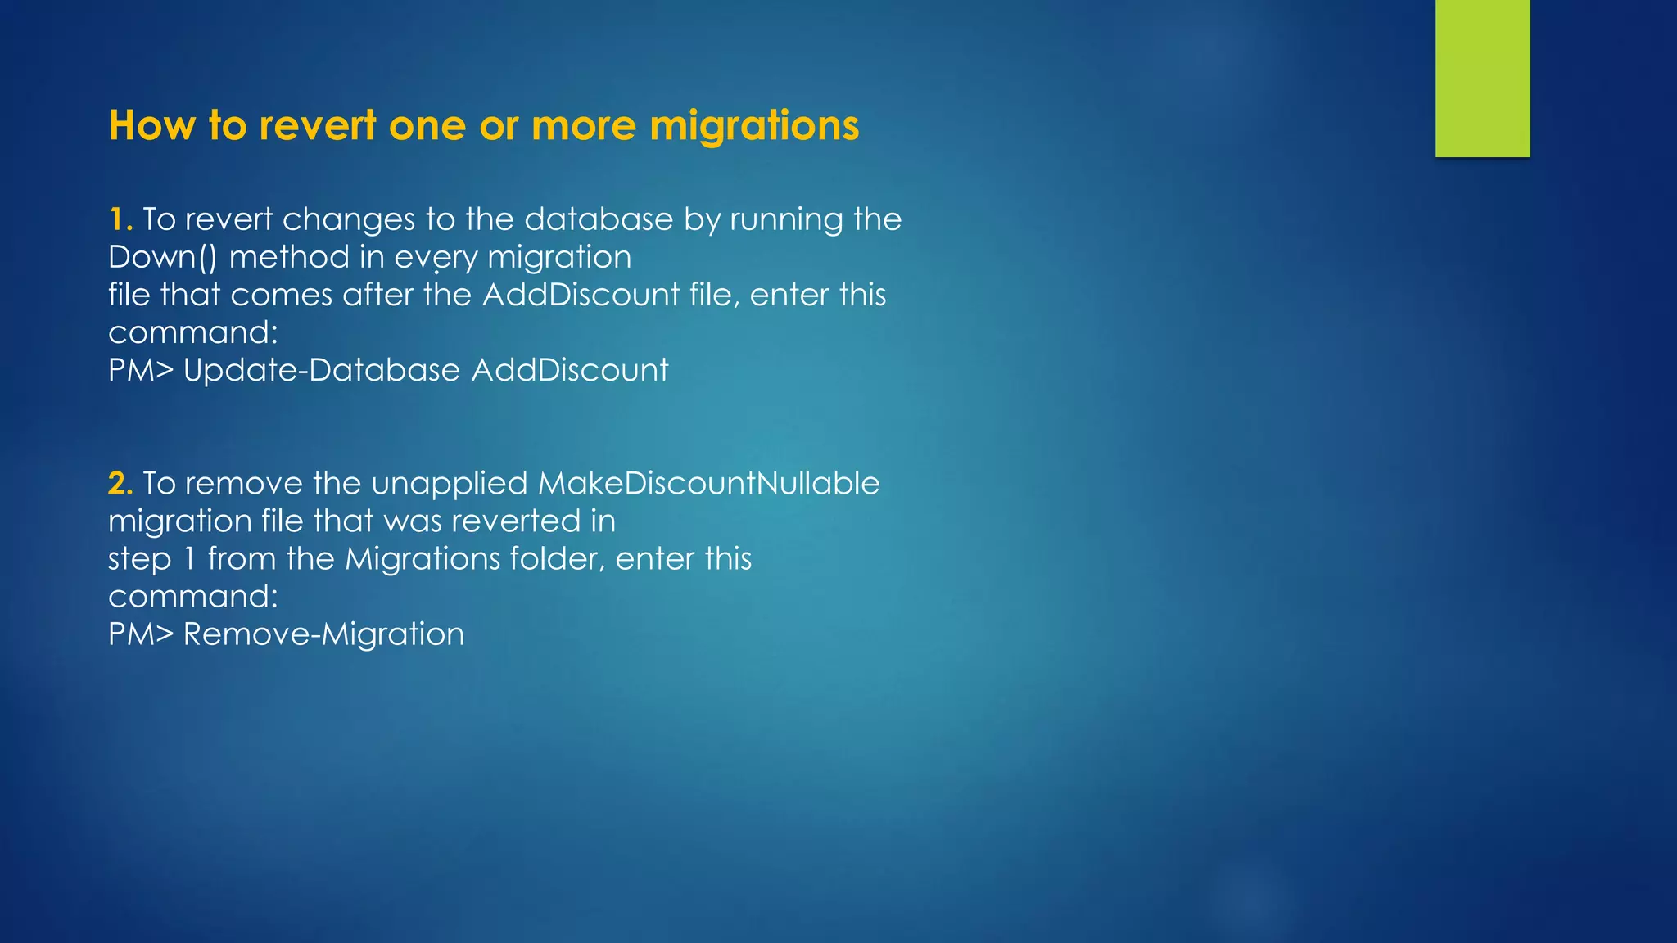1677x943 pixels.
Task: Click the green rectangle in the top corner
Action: click(x=1482, y=79)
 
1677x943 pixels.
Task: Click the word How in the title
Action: click(x=152, y=126)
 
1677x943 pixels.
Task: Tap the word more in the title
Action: click(x=583, y=126)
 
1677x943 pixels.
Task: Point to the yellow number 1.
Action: click(x=120, y=219)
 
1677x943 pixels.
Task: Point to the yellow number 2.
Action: click(x=120, y=483)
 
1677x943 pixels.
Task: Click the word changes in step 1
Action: click(x=349, y=219)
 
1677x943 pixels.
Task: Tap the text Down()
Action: click(x=163, y=257)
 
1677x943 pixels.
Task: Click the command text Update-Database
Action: click(x=322, y=370)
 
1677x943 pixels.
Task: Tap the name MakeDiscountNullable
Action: click(x=708, y=483)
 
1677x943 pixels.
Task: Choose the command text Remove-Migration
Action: click(x=323, y=634)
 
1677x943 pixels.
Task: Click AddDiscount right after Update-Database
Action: click(x=570, y=370)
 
